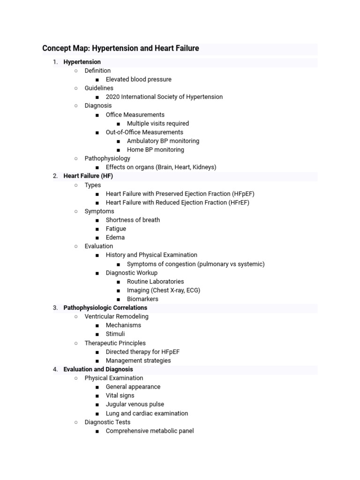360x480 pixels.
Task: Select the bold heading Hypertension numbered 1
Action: point(82,62)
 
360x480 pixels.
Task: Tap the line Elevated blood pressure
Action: point(138,79)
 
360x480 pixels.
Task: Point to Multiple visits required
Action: point(157,124)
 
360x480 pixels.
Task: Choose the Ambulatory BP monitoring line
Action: point(163,141)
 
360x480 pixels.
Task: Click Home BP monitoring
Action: point(155,150)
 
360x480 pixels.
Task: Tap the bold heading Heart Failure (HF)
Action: point(88,176)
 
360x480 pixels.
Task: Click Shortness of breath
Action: point(133,220)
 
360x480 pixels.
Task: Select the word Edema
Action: point(115,238)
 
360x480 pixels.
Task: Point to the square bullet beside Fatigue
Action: point(97,229)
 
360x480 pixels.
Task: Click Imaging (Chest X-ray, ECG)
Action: point(163,290)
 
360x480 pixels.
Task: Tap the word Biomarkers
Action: point(142,299)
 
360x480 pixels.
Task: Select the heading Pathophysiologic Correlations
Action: point(105,308)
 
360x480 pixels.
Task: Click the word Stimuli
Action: point(115,334)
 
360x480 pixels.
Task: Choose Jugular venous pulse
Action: point(135,405)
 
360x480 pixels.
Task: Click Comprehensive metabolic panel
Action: point(150,431)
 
